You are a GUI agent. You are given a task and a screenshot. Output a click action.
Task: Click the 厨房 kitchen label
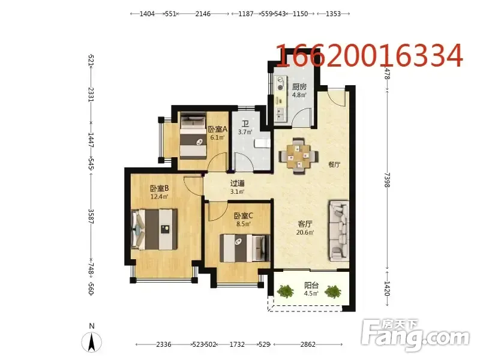tap(299, 87)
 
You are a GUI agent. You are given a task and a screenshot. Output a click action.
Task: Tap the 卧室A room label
tap(218, 129)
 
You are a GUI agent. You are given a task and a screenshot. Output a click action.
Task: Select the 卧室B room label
tap(159, 188)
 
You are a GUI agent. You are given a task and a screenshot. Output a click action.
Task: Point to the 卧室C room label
tap(244, 216)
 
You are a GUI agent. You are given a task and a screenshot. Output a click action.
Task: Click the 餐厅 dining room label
tap(334, 164)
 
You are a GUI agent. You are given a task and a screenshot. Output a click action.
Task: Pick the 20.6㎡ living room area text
tap(305, 232)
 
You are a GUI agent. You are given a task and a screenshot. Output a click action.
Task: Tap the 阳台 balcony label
tap(311, 286)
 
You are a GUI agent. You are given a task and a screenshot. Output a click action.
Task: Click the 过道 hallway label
tap(237, 184)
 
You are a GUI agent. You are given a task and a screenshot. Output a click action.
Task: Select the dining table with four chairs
tap(298, 157)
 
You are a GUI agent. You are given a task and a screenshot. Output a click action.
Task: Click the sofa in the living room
tap(339, 231)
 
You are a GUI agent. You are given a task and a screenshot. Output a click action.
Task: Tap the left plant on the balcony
tap(286, 291)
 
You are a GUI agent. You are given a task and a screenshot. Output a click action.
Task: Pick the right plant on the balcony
tap(333, 292)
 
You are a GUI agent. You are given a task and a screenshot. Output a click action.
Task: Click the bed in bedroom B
tap(155, 229)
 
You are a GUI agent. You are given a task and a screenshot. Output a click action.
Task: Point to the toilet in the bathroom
tap(263, 143)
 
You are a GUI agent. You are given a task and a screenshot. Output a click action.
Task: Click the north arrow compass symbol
tap(92, 341)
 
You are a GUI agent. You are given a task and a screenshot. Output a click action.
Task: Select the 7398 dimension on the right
tap(387, 180)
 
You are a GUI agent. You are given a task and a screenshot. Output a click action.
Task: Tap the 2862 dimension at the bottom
tap(308, 344)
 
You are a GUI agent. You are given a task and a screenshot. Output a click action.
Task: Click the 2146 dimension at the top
tap(203, 14)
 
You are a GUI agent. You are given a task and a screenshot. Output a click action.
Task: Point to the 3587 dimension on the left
tap(91, 217)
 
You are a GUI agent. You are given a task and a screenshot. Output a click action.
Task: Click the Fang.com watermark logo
tap(415, 335)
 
